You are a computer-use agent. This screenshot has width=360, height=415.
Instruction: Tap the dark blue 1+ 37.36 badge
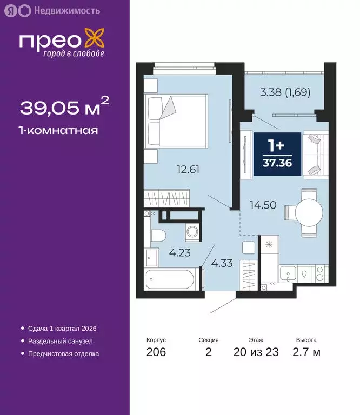coord(277,154)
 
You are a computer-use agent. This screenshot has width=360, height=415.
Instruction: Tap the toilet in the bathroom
coord(157,236)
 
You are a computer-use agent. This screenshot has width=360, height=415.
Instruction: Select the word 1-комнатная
coord(59,130)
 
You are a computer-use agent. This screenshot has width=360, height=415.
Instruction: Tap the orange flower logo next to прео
coord(95,41)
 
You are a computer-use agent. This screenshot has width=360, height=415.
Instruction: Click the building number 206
coord(156,353)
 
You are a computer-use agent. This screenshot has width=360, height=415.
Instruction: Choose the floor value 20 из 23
coord(256,353)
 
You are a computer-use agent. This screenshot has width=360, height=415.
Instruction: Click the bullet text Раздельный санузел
coord(61,341)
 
